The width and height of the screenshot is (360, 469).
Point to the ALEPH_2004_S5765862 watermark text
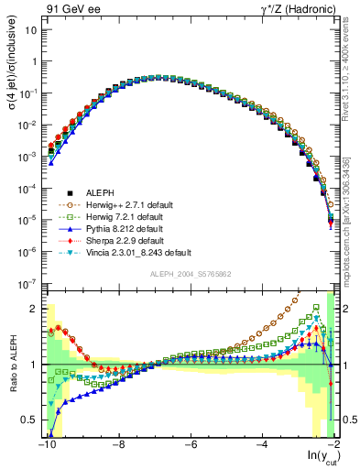coord(191,275)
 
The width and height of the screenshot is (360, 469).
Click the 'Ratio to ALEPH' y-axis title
coord(14,365)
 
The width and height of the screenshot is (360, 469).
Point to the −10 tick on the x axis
coord(46,444)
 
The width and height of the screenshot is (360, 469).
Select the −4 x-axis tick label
coord(263,444)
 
